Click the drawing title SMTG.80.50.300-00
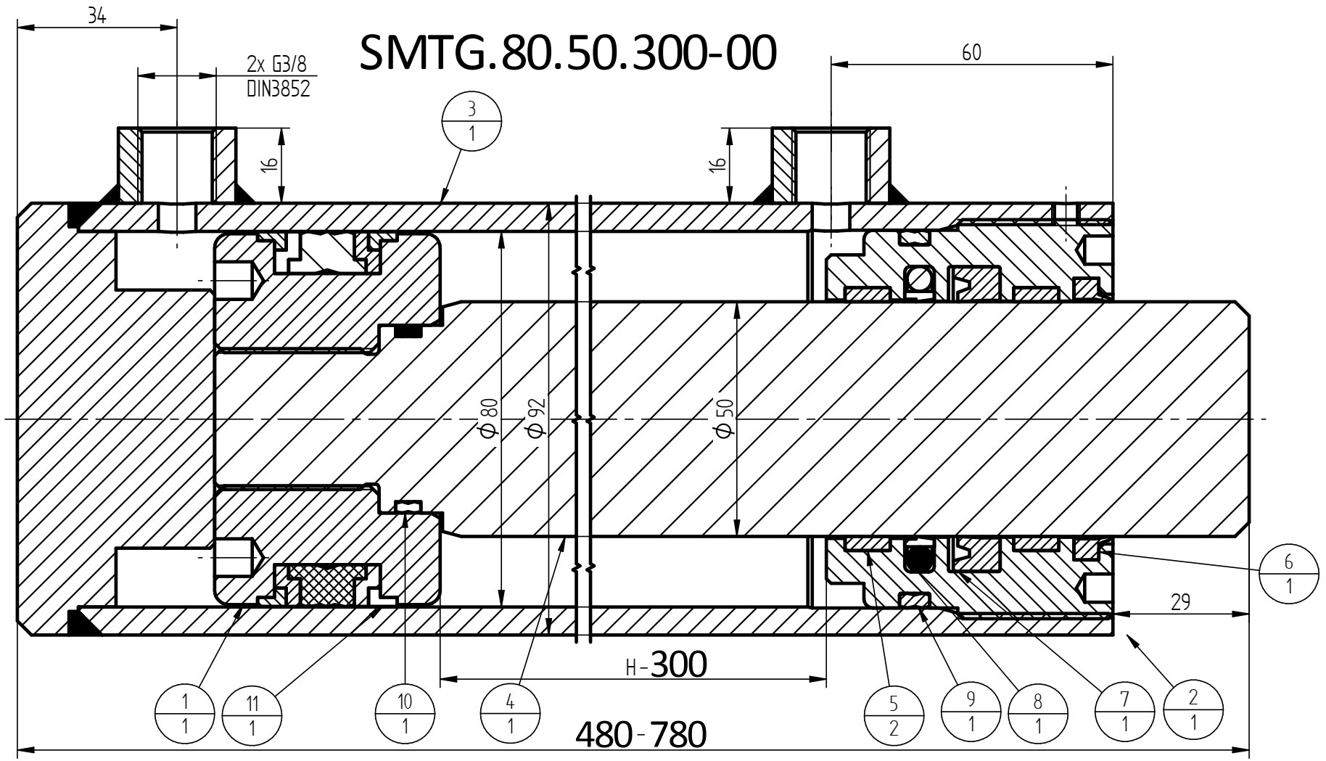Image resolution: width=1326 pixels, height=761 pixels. coord(568,52)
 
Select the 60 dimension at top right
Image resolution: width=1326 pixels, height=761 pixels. coord(971,52)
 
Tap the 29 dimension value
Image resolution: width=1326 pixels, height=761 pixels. coord(1180,601)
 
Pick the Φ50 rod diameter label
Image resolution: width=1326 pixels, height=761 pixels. coord(725,419)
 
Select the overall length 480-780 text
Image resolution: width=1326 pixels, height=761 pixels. coord(641,734)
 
